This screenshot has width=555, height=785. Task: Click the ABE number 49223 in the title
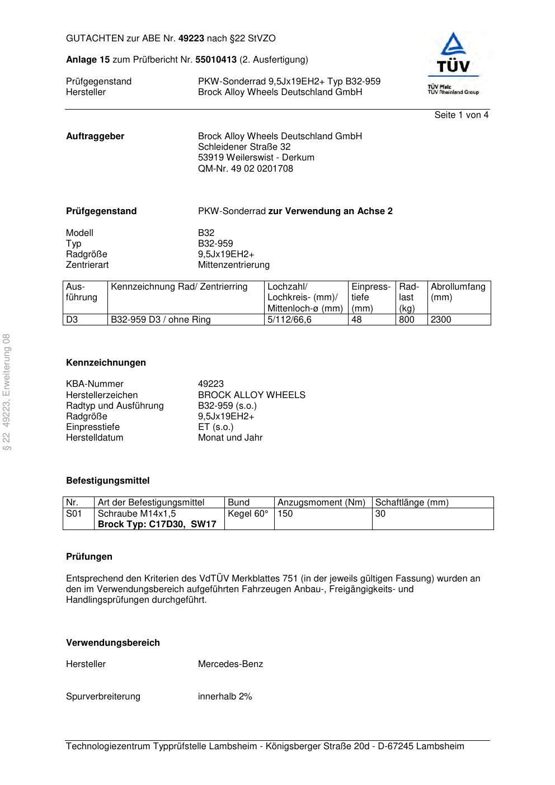tap(191, 39)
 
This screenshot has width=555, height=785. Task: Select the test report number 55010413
tap(216, 60)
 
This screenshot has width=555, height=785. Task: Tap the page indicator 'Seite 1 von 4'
tap(461, 115)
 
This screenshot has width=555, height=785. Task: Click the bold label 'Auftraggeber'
tap(95, 136)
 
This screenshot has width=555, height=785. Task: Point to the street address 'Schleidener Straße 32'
tap(244, 147)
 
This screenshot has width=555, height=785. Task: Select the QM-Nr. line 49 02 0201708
tap(245, 169)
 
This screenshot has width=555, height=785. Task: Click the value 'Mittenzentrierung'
tap(233, 265)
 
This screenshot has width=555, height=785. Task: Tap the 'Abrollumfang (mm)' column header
tap(458, 292)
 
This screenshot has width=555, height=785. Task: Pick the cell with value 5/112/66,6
tap(289, 320)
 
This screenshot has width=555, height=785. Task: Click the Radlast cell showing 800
tap(407, 320)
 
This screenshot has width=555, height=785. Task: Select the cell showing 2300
tap(441, 320)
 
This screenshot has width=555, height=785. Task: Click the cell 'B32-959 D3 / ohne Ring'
tap(161, 320)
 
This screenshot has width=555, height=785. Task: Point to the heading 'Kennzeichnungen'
tap(106, 363)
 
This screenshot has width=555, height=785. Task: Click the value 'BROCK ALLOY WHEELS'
tap(251, 395)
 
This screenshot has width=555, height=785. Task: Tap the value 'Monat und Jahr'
tap(230, 438)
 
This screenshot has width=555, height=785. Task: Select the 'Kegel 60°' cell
tap(248, 514)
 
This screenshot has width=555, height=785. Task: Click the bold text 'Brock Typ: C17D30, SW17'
tap(157, 524)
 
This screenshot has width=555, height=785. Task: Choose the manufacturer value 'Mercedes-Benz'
tap(230, 664)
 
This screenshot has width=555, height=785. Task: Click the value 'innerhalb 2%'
tap(225, 697)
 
